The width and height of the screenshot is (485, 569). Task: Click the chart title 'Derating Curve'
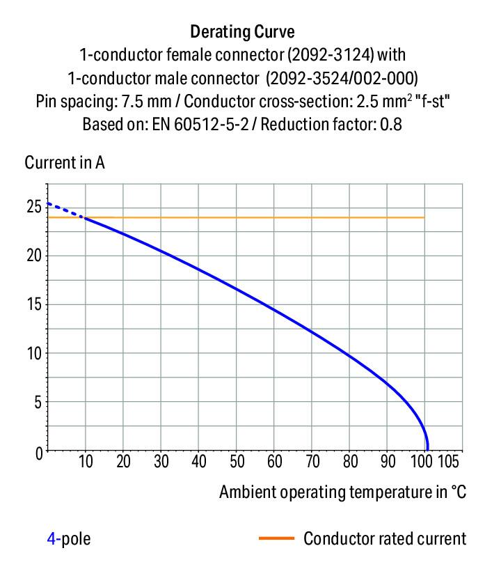coord(242,31)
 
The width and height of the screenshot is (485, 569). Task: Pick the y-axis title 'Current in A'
coord(65,163)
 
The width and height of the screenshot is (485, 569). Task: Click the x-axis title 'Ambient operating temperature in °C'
coord(342,492)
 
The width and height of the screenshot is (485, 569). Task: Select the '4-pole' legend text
coord(68,538)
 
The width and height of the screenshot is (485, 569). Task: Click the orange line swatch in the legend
coord(277,538)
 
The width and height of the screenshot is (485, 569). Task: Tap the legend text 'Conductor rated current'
coord(385,538)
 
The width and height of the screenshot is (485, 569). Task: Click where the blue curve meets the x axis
coord(427,451)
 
